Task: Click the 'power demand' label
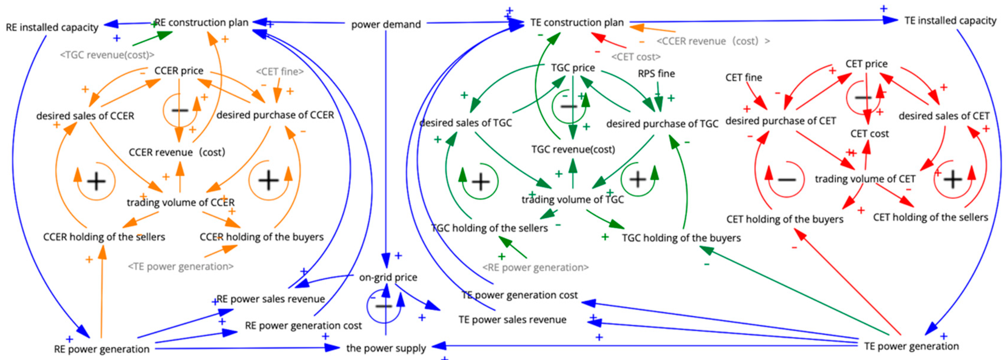coord(386,24)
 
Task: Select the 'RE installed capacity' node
coord(52,27)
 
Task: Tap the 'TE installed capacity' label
coord(950,20)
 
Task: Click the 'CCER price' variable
coord(179,70)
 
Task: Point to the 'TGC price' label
coord(573,68)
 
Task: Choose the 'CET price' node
coord(866,64)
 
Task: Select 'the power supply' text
coord(386,348)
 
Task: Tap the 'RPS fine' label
coord(656,74)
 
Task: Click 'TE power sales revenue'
coord(512,320)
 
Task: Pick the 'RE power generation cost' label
coord(303,325)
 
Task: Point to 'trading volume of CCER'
coord(180,202)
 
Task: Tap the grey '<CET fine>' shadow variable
coord(279,72)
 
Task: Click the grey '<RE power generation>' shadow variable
coord(535,267)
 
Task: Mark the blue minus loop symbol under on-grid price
coord(384,306)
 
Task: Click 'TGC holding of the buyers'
coord(681,238)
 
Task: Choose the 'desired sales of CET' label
coord(944,116)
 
